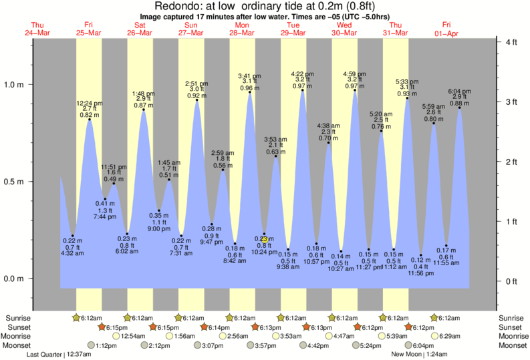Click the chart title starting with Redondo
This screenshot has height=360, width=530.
tap(265, 6)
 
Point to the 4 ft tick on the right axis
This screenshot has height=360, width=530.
tap(511, 43)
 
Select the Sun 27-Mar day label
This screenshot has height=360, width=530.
tap(191, 29)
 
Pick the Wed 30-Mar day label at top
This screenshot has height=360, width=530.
tap(345, 29)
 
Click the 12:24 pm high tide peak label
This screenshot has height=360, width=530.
tap(90, 104)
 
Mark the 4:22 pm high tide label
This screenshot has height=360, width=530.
tap(302, 73)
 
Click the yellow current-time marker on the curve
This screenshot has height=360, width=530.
tap(265, 239)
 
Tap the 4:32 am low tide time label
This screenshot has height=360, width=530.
tap(72, 253)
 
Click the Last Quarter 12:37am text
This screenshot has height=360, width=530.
tap(59, 355)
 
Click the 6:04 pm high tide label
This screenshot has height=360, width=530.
tap(459, 91)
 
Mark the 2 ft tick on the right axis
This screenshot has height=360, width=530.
tap(511, 162)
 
